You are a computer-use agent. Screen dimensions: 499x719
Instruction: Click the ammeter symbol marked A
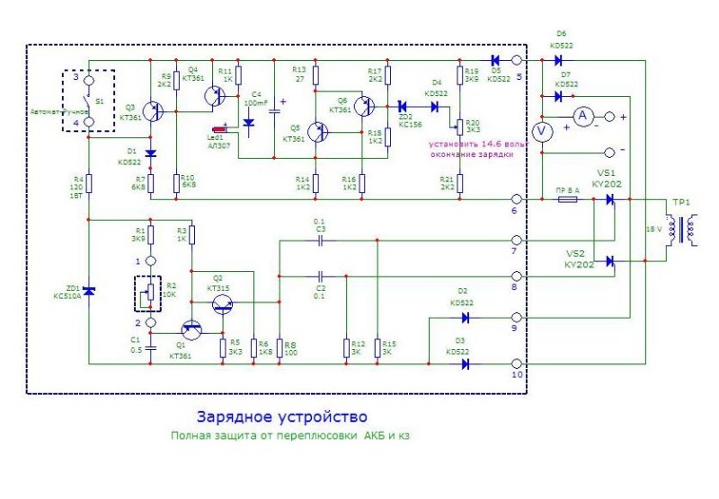(581, 116)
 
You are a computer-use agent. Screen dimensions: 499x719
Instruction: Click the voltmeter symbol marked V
(542, 132)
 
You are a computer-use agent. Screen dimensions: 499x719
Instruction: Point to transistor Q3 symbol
(156, 111)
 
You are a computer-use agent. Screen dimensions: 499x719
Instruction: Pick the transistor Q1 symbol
(191, 332)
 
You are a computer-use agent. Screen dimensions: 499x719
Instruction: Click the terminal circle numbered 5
(517, 60)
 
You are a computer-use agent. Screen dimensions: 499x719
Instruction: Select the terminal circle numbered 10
(517, 363)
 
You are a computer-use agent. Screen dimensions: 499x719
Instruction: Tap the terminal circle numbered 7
(517, 241)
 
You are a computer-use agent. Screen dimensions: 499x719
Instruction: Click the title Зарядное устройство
(281, 417)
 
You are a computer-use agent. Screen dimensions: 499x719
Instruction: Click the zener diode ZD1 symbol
(89, 290)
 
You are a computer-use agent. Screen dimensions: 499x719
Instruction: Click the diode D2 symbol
(466, 318)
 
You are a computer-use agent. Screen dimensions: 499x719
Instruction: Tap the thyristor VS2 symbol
(611, 261)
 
